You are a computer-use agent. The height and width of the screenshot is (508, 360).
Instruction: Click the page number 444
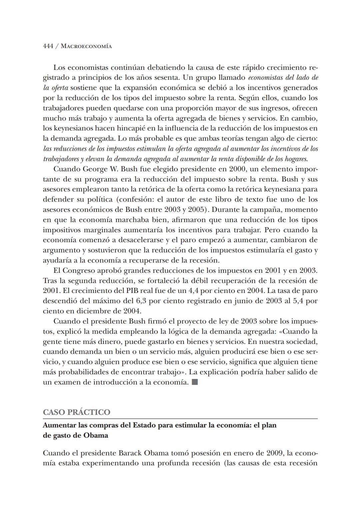pos(48,46)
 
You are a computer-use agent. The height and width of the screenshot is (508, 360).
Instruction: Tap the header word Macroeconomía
pos(87,46)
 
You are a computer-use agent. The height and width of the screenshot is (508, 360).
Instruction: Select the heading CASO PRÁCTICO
pos(77,412)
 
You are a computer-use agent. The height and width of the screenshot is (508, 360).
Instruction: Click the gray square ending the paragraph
pos(195,382)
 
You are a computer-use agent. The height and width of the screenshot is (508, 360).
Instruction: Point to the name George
pos(95,169)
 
